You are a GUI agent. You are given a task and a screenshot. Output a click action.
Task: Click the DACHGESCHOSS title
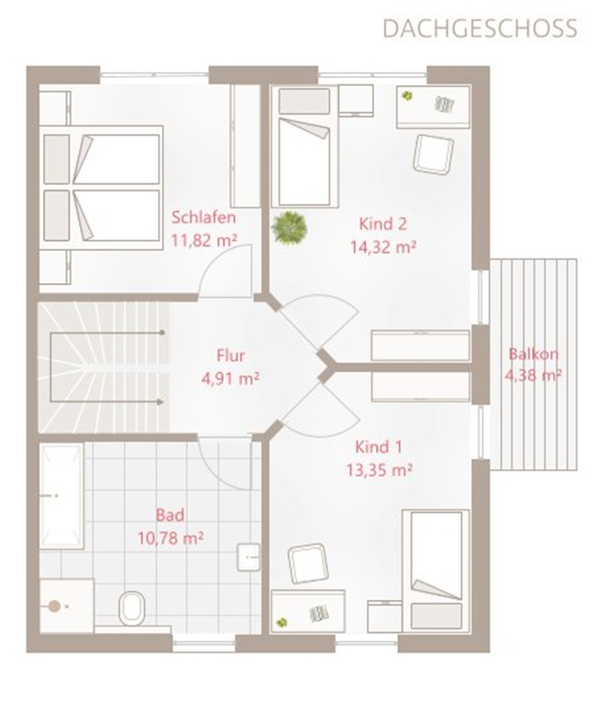(480, 28)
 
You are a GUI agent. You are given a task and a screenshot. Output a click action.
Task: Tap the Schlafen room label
(204, 218)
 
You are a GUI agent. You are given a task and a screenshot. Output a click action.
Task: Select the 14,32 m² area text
(383, 247)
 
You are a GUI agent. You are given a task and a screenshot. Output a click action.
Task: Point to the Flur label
(231, 355)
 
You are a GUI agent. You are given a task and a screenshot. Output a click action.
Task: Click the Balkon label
(534, 354)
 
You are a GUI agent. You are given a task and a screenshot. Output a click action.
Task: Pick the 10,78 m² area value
(171, 539)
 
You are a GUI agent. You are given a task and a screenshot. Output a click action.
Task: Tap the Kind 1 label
(379, 447)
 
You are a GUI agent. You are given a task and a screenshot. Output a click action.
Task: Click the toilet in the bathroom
(132, 608)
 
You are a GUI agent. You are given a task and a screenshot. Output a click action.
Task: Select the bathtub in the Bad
(61, 496)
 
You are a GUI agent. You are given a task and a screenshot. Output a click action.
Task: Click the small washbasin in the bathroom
(248, 557)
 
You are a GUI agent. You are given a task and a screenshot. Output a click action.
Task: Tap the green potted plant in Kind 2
(289, 228)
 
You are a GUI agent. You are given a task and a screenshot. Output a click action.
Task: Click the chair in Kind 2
(433, 154)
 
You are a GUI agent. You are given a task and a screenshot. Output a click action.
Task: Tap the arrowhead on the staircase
(160, 401)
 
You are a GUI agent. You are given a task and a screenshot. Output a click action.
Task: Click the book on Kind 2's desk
(445, 104)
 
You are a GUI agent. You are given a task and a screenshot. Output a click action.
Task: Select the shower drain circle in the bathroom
(54, 606)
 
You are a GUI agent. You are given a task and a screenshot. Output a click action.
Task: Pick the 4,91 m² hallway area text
(230, 378)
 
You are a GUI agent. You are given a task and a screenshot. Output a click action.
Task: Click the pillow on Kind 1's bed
(436, 616)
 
